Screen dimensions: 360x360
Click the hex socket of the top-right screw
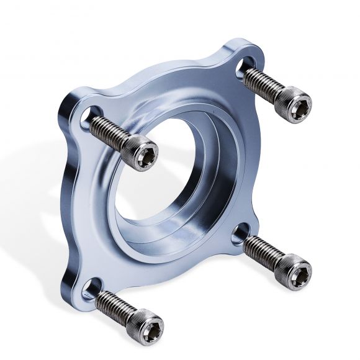pyautogui.click(x=300, y=98)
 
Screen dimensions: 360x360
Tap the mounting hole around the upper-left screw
pyautogui.click(x=91, y=114)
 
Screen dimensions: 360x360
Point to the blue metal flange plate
pyautogui.click(x=87, y=205)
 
